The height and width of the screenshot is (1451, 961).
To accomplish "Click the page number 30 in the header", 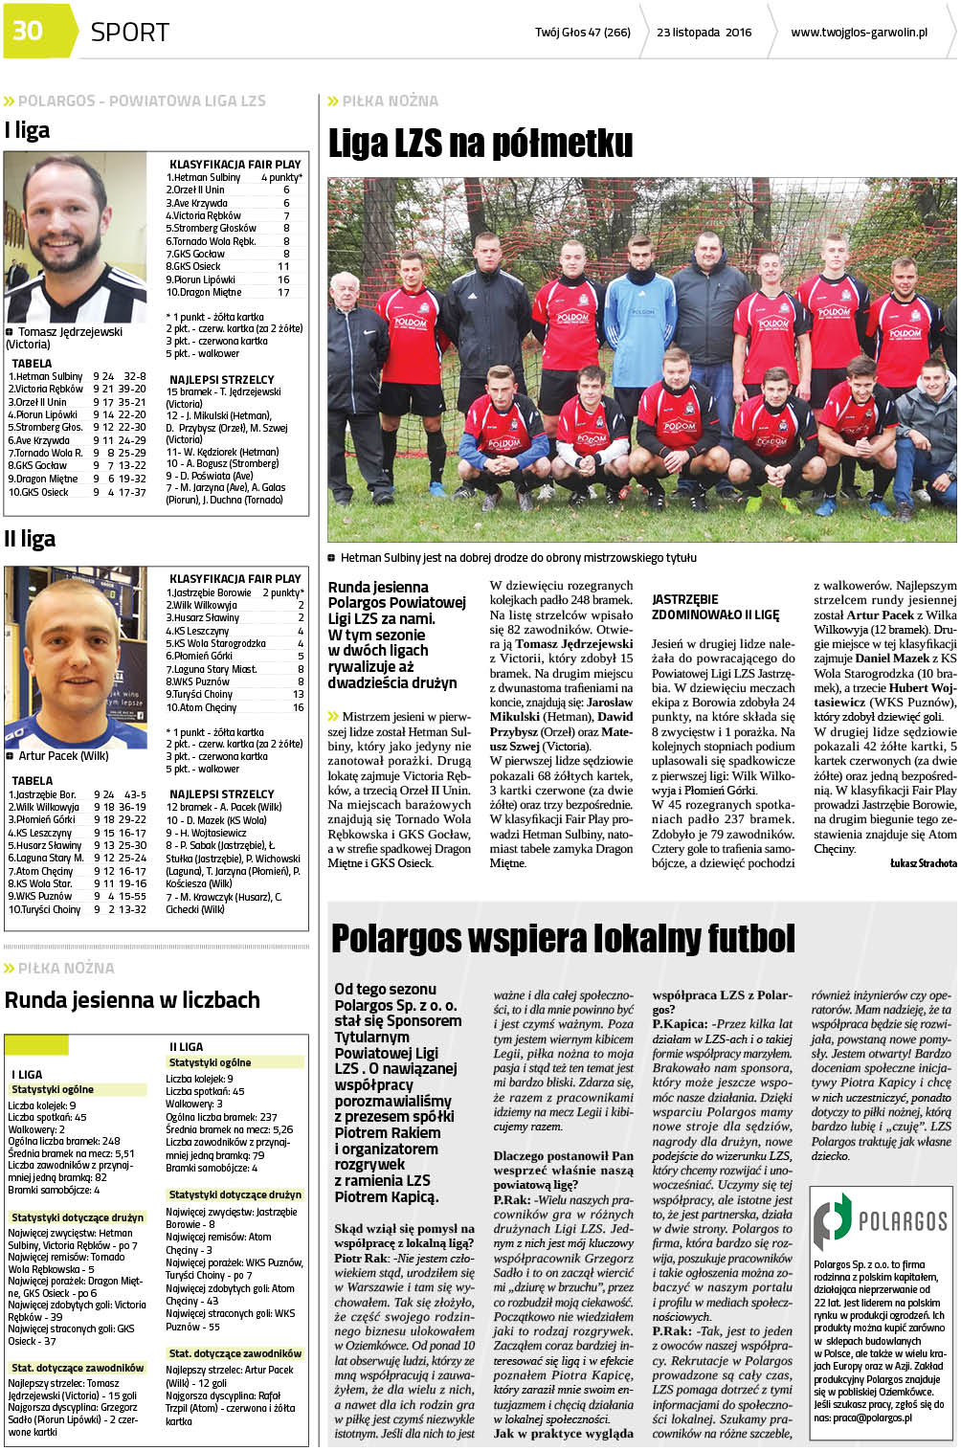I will tap(28, 31).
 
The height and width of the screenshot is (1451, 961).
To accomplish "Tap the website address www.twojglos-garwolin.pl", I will tap(859, 33).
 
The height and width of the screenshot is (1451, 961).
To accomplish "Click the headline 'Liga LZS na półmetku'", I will tap(480, 144).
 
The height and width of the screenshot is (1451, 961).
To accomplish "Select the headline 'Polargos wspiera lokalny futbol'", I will tap(563, 938).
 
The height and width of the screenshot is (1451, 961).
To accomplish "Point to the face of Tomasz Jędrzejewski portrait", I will tap(68, 230).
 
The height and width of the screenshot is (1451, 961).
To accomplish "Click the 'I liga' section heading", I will tap(27, 130).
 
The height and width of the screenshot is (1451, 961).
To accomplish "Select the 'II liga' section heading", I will tap(30, 539).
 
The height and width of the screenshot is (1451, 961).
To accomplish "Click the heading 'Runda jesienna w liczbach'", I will tap(132, 1000).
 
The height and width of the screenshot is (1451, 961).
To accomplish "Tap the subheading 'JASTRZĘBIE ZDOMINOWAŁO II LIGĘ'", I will tap(715, 607).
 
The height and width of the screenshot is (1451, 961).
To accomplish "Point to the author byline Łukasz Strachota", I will tap(923, 863).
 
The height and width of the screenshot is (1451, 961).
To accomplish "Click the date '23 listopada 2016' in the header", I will tap(704, 33).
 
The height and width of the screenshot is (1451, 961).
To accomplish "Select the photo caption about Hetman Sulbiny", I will tap(518, 558).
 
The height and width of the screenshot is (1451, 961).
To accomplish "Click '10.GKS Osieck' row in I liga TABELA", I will tap(77, 492).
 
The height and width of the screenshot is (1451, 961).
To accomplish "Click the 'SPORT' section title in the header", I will tap(129, 32).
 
